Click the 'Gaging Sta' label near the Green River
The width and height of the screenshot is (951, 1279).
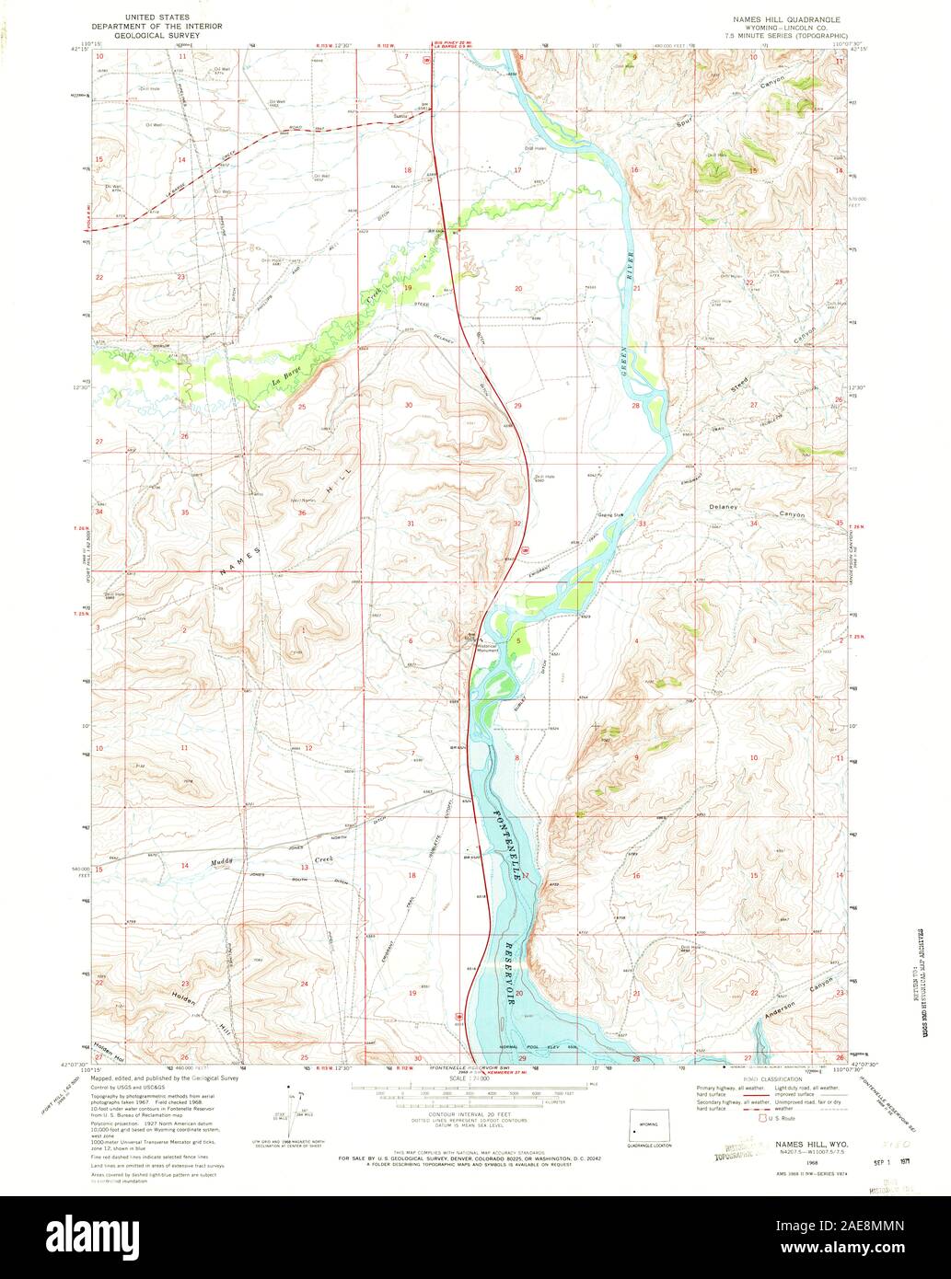610,514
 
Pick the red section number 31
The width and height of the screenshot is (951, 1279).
411,523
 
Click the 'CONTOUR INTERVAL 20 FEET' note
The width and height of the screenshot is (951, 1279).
474,1112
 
